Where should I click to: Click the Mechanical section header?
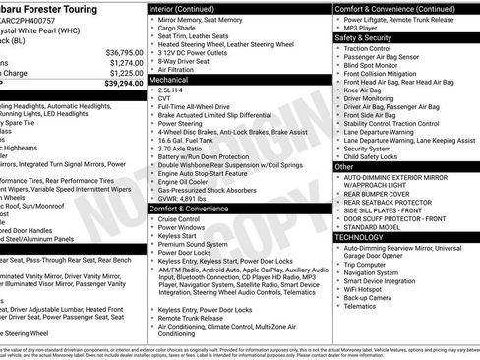pos(171,78)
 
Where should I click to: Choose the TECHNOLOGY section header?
pos(360,237)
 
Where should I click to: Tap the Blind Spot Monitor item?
pos(373,64)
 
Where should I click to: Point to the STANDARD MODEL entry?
pos(373,226)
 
